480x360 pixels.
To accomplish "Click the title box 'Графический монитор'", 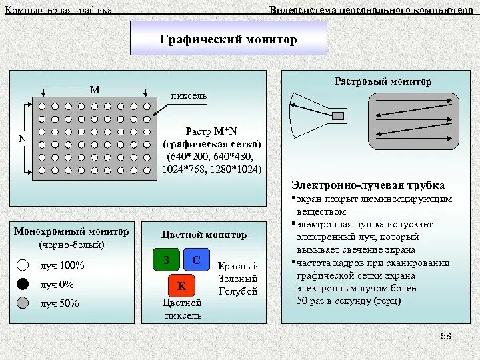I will pyautogui.click(x=228, y=39).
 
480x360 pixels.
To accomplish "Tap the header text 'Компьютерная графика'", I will pyautogui.click(x=59, y=10).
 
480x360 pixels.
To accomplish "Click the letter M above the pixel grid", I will pyautogui.click(x=95, y=89).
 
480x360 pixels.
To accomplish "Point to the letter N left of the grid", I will pyautogui.click(x=22, y=139).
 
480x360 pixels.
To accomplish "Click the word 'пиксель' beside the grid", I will pyautogui.click(x=189, y=95).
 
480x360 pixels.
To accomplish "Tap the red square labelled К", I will pyautogui.click(x=181, y=287).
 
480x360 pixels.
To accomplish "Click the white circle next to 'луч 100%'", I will pyautogui.click(x=23, y=265).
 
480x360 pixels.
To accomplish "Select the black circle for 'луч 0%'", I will pyautogui.click(x=23, y=284).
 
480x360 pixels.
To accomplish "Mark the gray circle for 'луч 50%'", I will pyautogui.click(x=23, y=303).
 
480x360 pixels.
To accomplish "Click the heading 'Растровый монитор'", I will pyautogui.click(x=383, y=81).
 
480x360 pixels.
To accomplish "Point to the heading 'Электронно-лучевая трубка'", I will pyautogui.click(x=368, y=185).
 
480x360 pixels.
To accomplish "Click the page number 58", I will pyautogui.click(x=446, y=336).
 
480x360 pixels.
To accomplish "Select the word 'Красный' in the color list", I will pyautogui.click(x=238, y=266).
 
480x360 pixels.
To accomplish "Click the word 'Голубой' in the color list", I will pyautogui.click(x=238, y=291).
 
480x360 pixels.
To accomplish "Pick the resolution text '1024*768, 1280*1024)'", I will pyautogui.click(x=212, y=169).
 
